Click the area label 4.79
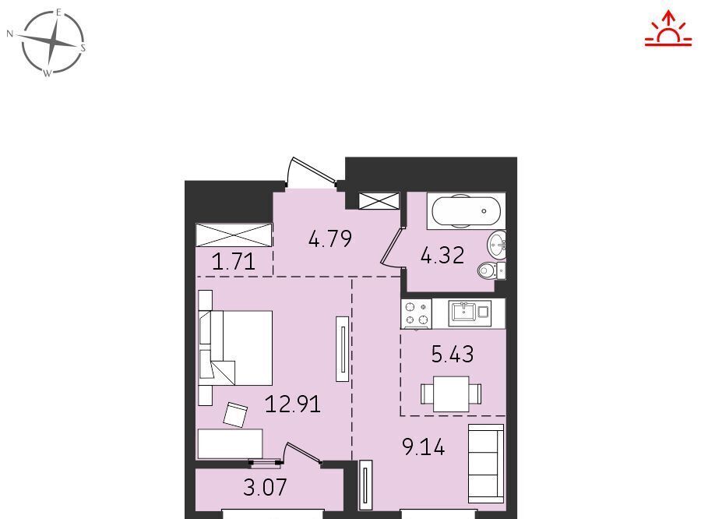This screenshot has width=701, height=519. tap(330, 239)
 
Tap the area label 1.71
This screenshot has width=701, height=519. tap(234, 261)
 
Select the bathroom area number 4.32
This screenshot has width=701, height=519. tap(442, 256)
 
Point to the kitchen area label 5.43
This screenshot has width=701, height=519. tap(453, 354)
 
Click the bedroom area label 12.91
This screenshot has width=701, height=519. tap(293, 404)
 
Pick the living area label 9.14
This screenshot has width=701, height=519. tap(424, 447)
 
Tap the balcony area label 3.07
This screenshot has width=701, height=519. tap(265, 487)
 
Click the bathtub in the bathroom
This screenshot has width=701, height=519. tap(466, 211)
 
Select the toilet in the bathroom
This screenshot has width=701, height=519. tap(491, 270)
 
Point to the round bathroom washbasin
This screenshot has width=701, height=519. tap(496, 245)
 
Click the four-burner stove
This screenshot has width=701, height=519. tap(416, 313)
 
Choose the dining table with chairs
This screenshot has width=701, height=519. tap(451, 394)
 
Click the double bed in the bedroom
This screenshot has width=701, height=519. tap(235, 348)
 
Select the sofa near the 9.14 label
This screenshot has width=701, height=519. tap(486, 464)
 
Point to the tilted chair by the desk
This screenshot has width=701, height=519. tap(235, 415)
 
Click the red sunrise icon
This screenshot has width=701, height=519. tap(668, 28)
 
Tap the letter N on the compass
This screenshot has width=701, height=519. tap(10, 34)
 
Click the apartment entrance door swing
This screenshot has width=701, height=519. tap(312, 172)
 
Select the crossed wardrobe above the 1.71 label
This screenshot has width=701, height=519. tap(234, 235)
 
